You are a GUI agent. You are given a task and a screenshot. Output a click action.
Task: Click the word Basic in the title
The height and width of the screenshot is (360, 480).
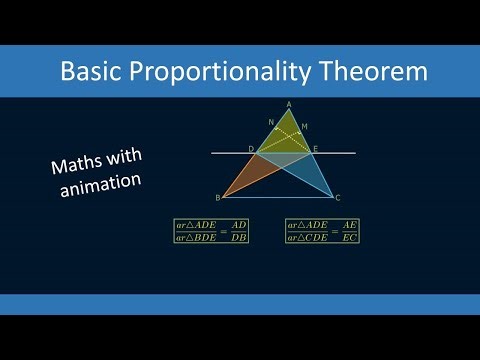(92, 72)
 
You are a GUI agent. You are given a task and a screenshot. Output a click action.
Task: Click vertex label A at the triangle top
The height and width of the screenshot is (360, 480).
(288, 103)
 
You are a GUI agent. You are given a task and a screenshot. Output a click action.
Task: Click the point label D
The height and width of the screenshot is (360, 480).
(251, 148)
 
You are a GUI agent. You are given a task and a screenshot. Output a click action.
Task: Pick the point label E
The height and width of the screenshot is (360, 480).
(316, 148)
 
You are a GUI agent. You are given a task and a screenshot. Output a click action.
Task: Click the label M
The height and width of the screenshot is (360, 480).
(304, 126)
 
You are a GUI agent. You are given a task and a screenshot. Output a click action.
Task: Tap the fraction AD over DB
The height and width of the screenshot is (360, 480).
(238, 231)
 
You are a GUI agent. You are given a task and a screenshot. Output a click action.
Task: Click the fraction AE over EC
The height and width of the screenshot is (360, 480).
(349, 231)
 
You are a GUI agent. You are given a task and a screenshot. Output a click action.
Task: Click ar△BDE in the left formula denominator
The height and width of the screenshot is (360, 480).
(196, 237)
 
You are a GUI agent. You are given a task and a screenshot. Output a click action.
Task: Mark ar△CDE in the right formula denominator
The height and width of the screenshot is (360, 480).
(308, 237)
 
